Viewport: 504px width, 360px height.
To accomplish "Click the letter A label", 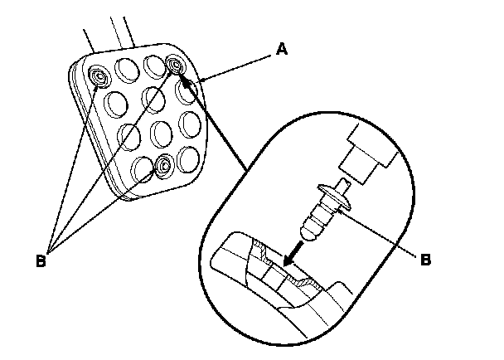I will [281, 50].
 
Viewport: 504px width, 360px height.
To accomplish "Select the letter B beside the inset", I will [425, 259].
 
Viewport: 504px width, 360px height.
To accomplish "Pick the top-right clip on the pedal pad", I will [176, 65].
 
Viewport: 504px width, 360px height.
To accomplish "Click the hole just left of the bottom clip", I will [143, 167].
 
